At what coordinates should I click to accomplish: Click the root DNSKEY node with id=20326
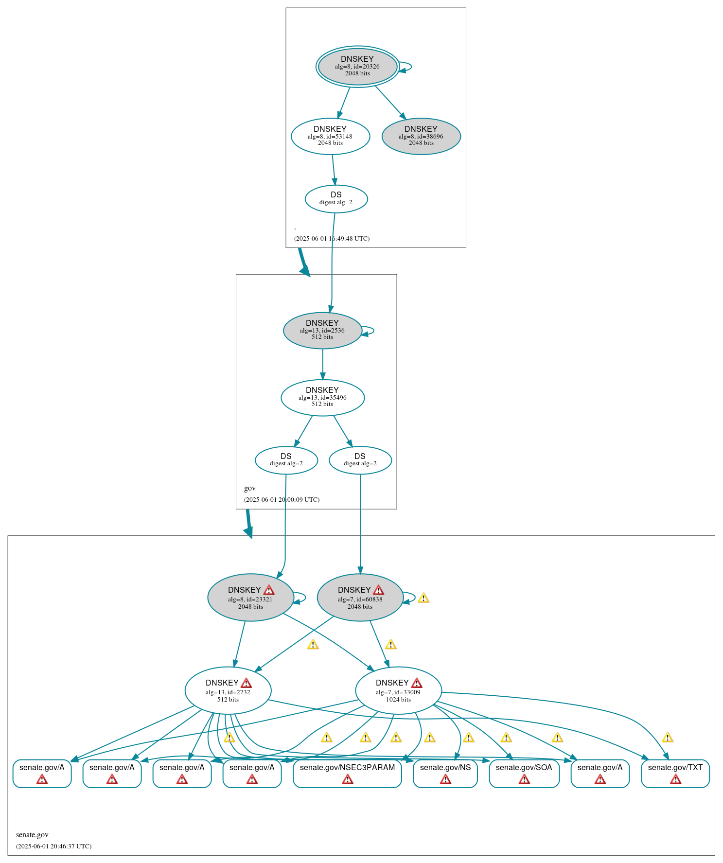click(x=357, y=66)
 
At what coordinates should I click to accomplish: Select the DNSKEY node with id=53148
click(x=330, y=136)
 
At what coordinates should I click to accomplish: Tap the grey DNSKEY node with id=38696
click(x=421, y=136)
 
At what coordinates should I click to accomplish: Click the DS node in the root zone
click(x=336, y=198)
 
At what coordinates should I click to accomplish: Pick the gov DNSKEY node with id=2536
click(x=322, y=330)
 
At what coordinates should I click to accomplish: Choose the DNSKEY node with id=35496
click(x=322, y=397)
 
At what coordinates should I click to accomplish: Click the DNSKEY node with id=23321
click(x=250, y=598)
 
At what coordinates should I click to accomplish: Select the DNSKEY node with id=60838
click(x=360, y=598)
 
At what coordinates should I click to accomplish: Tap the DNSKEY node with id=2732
click(x=228, y=690)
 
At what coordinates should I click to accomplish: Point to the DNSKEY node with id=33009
click(x=398, y=690)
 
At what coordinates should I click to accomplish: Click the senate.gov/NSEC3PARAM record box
click(x=347, y=773)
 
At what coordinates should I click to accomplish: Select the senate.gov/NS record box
click(x=445, y=773)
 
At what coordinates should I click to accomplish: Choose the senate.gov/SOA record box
click(x=524, y=773)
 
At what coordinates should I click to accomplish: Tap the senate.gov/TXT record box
click(x=675, y=773)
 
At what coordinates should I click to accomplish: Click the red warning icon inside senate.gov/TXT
click(x=675, y=779)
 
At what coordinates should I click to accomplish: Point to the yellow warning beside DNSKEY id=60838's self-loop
click(x=423, y=598)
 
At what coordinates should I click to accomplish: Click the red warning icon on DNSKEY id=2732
click(x=247, y=683)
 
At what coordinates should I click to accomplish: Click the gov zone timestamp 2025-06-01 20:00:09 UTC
click(x=282, y=499)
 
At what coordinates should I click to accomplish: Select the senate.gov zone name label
click(x=32, y=835)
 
